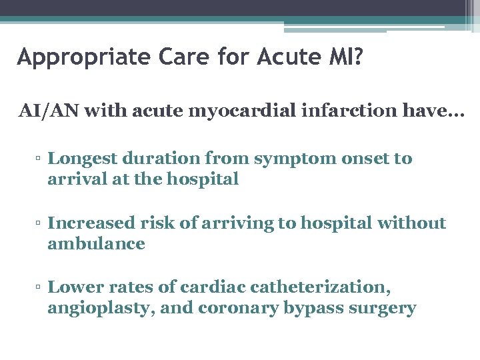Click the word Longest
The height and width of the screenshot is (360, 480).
(x=83, y=159)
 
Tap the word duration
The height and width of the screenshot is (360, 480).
(x=162, y=159)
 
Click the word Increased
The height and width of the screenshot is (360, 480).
(x=91, y=223)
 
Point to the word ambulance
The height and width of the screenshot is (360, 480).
(x=96, y=243)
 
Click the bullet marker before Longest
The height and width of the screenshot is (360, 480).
(x=40, y=159)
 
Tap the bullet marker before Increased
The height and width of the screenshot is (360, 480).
(x=40, y=223)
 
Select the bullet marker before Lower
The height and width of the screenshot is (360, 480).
(x=40, y=288)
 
